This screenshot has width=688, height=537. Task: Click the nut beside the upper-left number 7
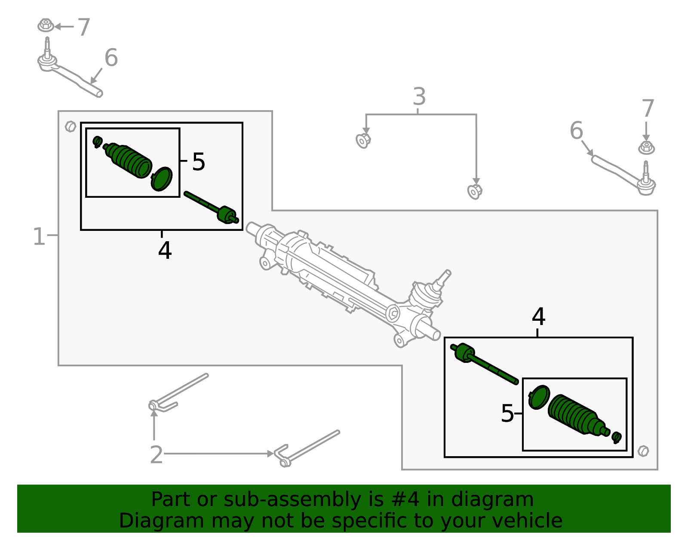point(45,25)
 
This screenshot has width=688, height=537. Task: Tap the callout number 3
point(419,97)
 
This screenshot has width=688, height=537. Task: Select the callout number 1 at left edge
point(39,236)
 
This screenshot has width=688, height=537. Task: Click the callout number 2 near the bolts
point(156,454)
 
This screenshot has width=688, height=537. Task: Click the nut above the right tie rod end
point(646,148)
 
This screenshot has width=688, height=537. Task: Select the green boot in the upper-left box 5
point(129,161)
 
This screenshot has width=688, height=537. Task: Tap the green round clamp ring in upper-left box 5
point(162,179)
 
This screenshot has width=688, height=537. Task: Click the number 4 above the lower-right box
point(538,317)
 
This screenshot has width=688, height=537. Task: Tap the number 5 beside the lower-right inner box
point(507,414)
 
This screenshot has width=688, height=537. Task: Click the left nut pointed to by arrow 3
point(363,140)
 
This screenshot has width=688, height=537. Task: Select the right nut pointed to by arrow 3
point(474,191)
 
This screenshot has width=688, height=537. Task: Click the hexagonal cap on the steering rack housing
point(393,313)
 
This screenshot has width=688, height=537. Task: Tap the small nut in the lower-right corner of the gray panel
point(643,451)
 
